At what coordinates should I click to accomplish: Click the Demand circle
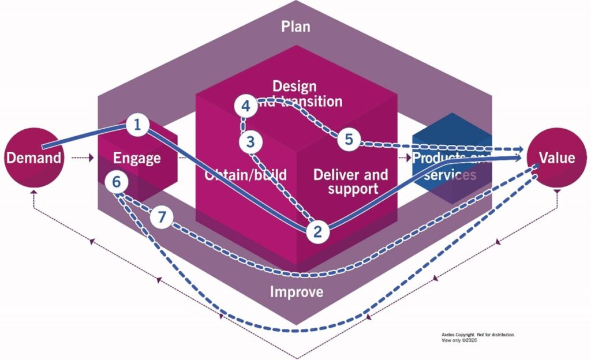click(33, 157)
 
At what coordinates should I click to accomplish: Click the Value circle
click(556, 157)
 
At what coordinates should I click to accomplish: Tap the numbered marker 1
click(137, 124)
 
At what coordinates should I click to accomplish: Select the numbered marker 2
click(317, 232)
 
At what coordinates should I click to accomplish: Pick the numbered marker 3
click(250, 141)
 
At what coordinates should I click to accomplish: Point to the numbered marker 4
click(246, 106)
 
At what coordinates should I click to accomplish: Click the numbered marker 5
click(349, 140)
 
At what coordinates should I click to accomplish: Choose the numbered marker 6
click(117, 182)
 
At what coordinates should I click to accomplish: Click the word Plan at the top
click(295, 27)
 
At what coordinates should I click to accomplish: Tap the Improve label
click(297, 291)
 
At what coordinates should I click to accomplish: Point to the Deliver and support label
click(350, 181)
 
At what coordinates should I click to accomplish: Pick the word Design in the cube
click(294, 87)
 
